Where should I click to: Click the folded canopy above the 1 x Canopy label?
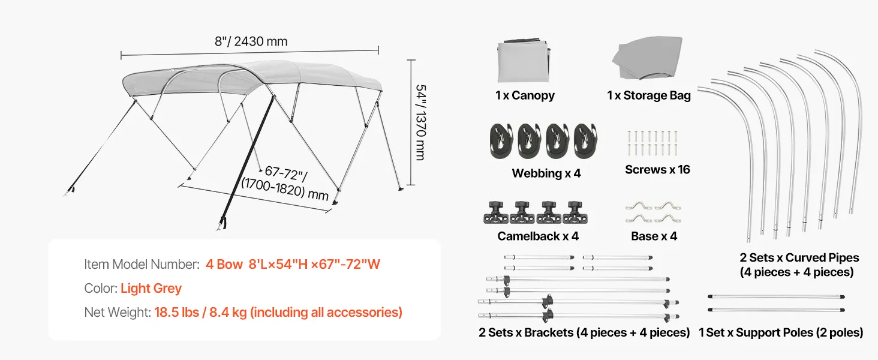pos(524,60)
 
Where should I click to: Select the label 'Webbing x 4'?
pos(546,173)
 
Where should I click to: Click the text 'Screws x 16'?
pos(657,169)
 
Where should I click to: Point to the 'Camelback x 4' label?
pos(538,236)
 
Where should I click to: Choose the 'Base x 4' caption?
pos(654,236)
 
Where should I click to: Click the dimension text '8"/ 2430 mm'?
pos(251,41)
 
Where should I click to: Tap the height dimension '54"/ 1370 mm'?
pos(420,122)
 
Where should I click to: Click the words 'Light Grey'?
pos(151,288)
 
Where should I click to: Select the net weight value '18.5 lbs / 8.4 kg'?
pos(200,312)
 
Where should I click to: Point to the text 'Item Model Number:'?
pos(142,265)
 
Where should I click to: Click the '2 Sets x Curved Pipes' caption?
pos(799,257)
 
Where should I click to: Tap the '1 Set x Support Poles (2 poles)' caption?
pos(781,332)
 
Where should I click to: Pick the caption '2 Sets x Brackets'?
pos(526,332)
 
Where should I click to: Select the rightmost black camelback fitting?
pos(575,212)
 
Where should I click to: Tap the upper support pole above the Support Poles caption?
pos(776,296)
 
